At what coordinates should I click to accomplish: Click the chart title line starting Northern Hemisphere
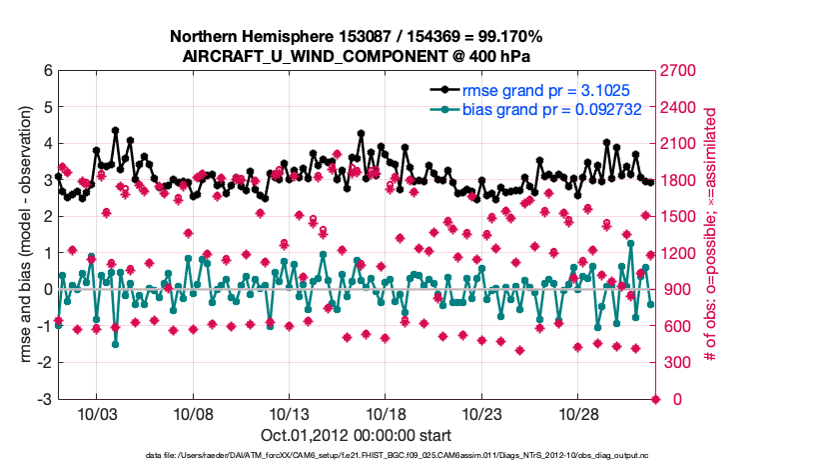[x=356, y=36]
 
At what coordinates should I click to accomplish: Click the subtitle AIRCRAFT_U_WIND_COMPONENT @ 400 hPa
[x=356, y=55]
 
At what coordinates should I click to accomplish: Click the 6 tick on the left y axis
[x=47, y=71]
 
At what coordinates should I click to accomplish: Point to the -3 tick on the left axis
[x=44, y=400]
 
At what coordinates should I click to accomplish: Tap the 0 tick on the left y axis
[x=47, y=290]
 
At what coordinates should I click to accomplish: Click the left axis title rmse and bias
[x=23, y=235]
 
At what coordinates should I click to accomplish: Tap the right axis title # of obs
[x=712, y=235]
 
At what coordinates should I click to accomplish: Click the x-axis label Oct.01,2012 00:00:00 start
[x=356, y=435]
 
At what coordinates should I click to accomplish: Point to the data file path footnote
[x=356, y=456]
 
